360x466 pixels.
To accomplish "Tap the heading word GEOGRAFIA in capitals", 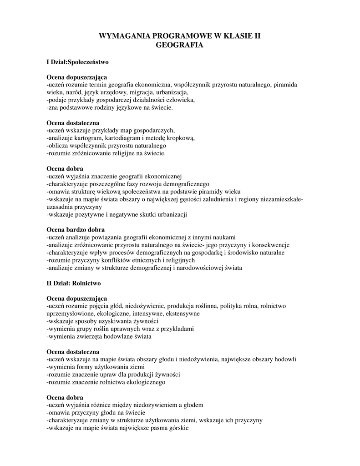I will [x=179, y=45].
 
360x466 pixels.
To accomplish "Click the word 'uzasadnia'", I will [x=60, y=207].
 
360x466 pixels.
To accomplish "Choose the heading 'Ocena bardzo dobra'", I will [x=76, y=230].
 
